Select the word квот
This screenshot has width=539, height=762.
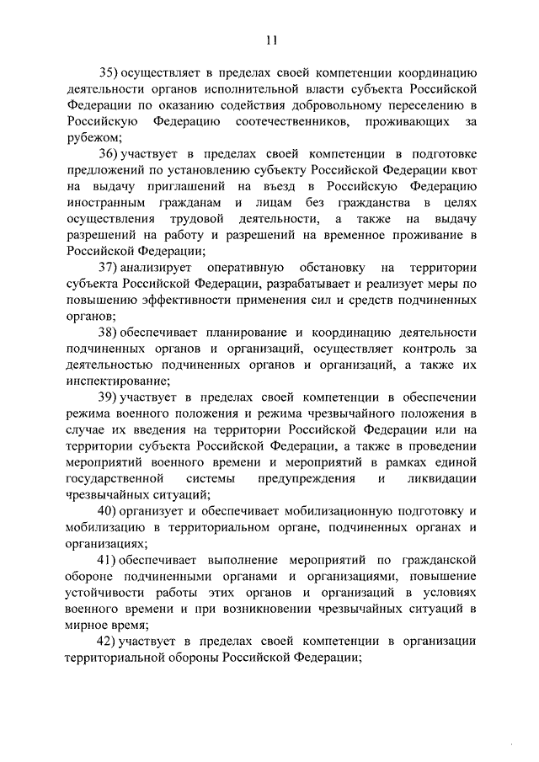click(462, 170)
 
